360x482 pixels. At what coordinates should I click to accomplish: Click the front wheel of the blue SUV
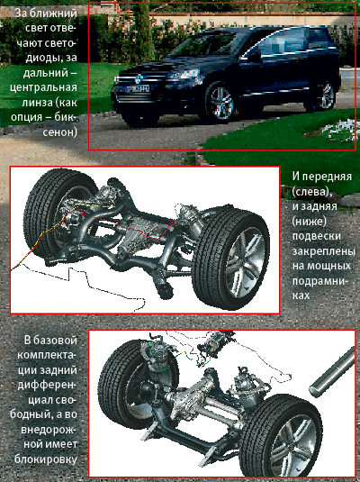(x=220, y=102)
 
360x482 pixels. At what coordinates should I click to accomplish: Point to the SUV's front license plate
(x=132, y=89)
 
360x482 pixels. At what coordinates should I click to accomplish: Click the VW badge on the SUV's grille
(x=139, y=78)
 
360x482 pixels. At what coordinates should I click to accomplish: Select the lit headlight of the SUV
(x=186, y=75)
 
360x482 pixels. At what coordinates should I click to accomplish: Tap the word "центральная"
(x=43, y=87)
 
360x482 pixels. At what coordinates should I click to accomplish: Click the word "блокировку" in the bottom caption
(x=46, y=459)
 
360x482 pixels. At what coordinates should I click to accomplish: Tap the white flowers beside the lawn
(x=342, y=131)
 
